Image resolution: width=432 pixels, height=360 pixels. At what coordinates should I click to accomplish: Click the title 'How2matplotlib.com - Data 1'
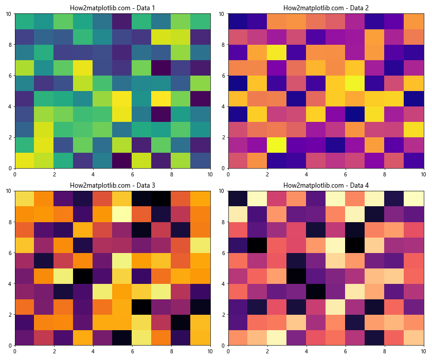(x=112, y=8)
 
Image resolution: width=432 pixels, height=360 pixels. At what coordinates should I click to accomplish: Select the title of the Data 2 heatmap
(x=326, y=8)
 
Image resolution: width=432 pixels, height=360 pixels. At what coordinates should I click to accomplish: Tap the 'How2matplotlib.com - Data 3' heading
(x=112, y=185)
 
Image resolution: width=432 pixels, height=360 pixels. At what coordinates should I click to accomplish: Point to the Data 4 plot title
(x=326, y=185)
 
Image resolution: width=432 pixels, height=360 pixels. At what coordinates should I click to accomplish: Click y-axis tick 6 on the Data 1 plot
(x=10, y=76)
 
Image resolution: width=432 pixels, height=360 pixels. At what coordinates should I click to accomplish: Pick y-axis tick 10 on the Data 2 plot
(x=222, y=14)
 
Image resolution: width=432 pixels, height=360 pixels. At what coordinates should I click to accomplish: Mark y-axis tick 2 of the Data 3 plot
(x=10, y=314)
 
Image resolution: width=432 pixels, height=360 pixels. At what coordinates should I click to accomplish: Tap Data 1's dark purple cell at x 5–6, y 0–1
(x=122, y=160)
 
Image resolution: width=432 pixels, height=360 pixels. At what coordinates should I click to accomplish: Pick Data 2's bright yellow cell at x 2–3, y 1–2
(x=277, y=145)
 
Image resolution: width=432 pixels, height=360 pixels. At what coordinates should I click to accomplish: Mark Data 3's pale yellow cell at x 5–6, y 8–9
(x=122, y=214)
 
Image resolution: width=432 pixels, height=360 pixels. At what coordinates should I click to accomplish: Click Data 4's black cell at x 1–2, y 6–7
(x=257, y=245)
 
